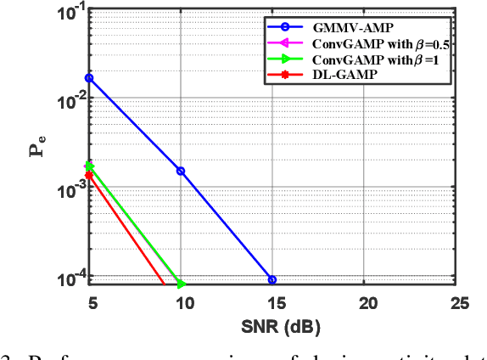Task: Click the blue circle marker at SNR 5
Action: (89, 78)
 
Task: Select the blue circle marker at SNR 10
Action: (180, 171)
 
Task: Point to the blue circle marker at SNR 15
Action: (271, 279)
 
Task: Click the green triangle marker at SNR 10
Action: (180, 284)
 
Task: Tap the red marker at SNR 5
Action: (89, 175)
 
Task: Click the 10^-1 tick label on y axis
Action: (69, 13)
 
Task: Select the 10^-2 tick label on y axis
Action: (69, 102)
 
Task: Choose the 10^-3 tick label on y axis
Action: (69, 191)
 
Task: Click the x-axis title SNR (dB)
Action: (274, 325)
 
